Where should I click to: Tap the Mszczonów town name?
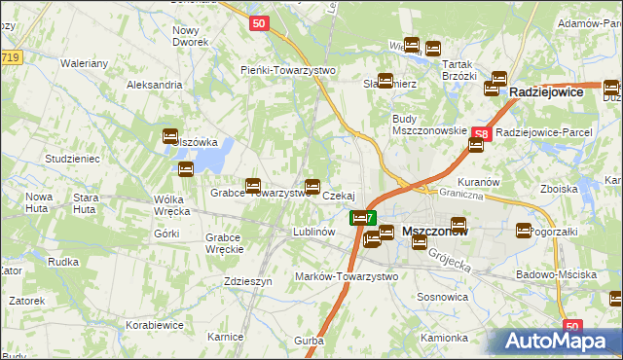(x=435, y=233)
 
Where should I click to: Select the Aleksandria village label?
(x=155, y=85)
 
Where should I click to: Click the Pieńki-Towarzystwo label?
(x=288, y=70)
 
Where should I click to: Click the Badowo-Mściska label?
(x=557, y=274)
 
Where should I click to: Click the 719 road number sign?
(x=11, y=59)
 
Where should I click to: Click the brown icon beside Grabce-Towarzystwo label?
(x=253, y=184)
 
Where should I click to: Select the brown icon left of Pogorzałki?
(x=524, y=232)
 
